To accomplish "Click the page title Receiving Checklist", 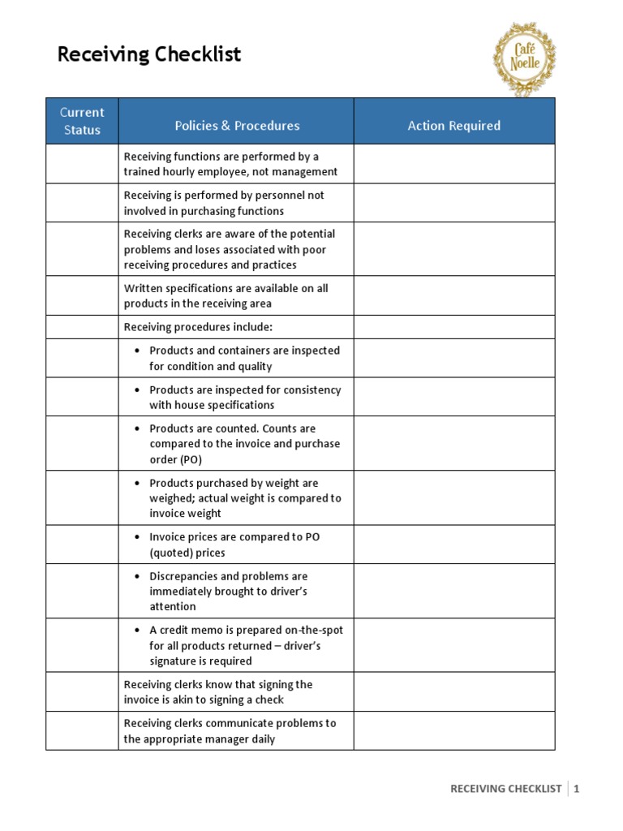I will (149, 54).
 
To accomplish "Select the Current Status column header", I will (82, 121).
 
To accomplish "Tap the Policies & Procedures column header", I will (237, 126).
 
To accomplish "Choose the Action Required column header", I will (453, 126).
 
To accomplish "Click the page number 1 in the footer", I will (577, 788).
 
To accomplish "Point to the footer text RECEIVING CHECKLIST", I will (505, 788).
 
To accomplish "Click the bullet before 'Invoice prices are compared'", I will (137, 537).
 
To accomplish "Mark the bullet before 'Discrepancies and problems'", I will (137, 576).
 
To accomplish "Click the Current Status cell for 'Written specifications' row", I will (82, 295).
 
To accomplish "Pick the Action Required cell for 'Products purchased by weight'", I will (453, 497).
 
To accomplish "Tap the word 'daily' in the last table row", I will (260, 738).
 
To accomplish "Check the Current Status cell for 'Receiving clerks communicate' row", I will (82, 730).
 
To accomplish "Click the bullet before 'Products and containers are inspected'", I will (137, 351).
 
